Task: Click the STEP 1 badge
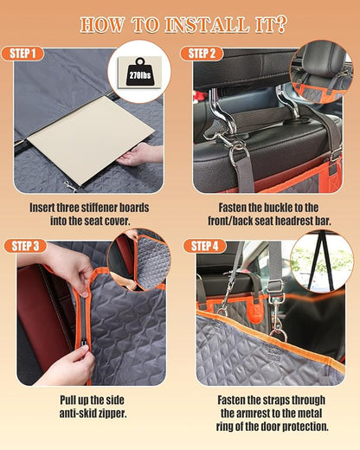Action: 24,54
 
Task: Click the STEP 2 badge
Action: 202,54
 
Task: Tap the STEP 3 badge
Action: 24,246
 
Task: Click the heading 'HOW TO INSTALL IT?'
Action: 179,22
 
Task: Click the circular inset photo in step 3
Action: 138,260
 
